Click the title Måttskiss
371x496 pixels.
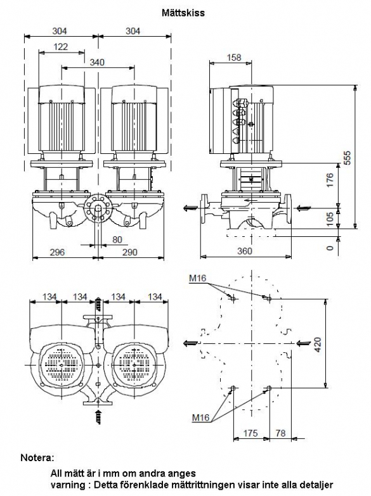pos(183,13)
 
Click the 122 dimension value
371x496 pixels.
pos(60,47)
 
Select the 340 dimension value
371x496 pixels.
pos(97,62)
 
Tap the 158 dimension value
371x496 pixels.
pos(234,58)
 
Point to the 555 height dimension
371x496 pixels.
pos(348,158)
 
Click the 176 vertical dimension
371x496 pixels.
pos(330,180)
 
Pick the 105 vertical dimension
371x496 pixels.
pos(330,219)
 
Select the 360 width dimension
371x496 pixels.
pos(245,251)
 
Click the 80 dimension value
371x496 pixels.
pos(117,239)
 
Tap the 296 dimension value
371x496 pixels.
pos(57,252)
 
